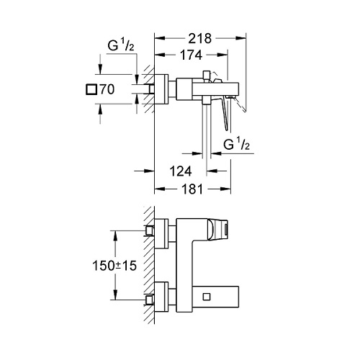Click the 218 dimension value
point(199,38)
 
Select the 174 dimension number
point(191,55)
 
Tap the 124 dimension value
point(181,171)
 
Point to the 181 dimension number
point(192,189)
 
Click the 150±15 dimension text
point(114,266)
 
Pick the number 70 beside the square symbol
point(107,89)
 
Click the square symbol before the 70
point(91,89)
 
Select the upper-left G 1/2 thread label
point(121,45)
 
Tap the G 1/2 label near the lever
point(236,144)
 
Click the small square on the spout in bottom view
point(207,297)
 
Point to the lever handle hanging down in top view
point(225,113)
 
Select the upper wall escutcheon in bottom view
point(161,233)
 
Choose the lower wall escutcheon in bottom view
point(161,297)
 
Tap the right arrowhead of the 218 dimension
point(241,38)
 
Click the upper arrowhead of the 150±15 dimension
point(115,236)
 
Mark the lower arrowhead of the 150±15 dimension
point(115,294)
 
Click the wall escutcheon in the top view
point(161,89)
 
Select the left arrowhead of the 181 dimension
point(160,189)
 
